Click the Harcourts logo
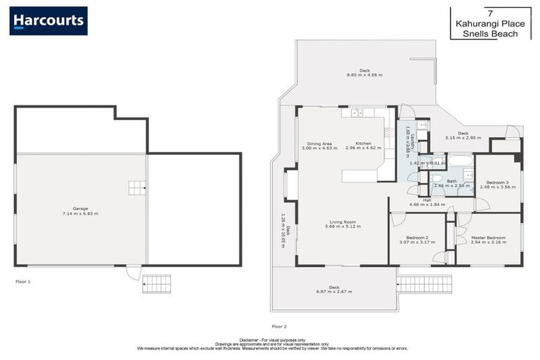[x=49, y=20]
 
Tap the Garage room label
[x=80, y=209]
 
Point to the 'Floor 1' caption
[x=23, y=281]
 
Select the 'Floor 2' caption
[x=279, y=326]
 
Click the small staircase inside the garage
[x=135, y=187]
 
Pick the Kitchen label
[x=363, y=143]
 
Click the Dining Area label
[x=315, y=143]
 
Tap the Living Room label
[x=343, y=222]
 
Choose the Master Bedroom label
[x=488, y=238]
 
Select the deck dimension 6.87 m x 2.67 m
[x=334, y=290]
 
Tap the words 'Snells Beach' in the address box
[x=496, y=34]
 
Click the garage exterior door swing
[x=132, y=271]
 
